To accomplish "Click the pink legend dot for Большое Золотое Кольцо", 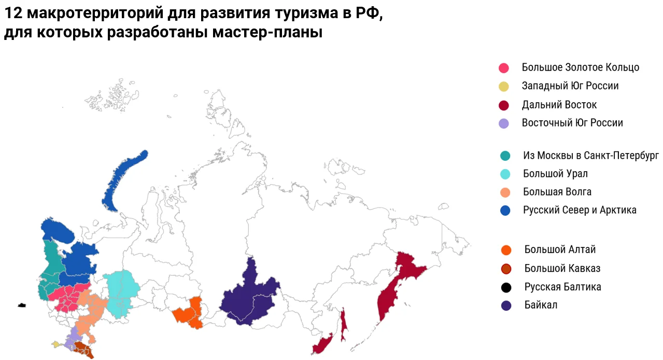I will (x=503, y=68).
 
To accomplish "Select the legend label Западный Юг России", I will (x=570, y=86).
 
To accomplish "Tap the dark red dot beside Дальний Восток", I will (x=503, y=105).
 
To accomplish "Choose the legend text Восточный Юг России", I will (x=572, y=123).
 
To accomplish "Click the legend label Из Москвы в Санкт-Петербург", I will (x=590, y=156).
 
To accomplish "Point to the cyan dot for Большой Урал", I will (x=505, y=174).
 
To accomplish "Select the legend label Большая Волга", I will (x=557, y=192).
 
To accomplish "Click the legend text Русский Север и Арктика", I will (x=579, y=210).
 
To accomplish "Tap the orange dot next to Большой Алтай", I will (x=506, y=250).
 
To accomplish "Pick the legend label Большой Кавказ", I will (x=562, y=269).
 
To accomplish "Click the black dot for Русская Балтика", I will (x=506, y=287).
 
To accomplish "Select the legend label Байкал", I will (x=541, y=305).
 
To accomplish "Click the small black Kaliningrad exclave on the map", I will (x=22, y=305).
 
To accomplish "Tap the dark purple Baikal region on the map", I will (x=249, y=298).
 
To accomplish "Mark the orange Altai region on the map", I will (x=189, y=313).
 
